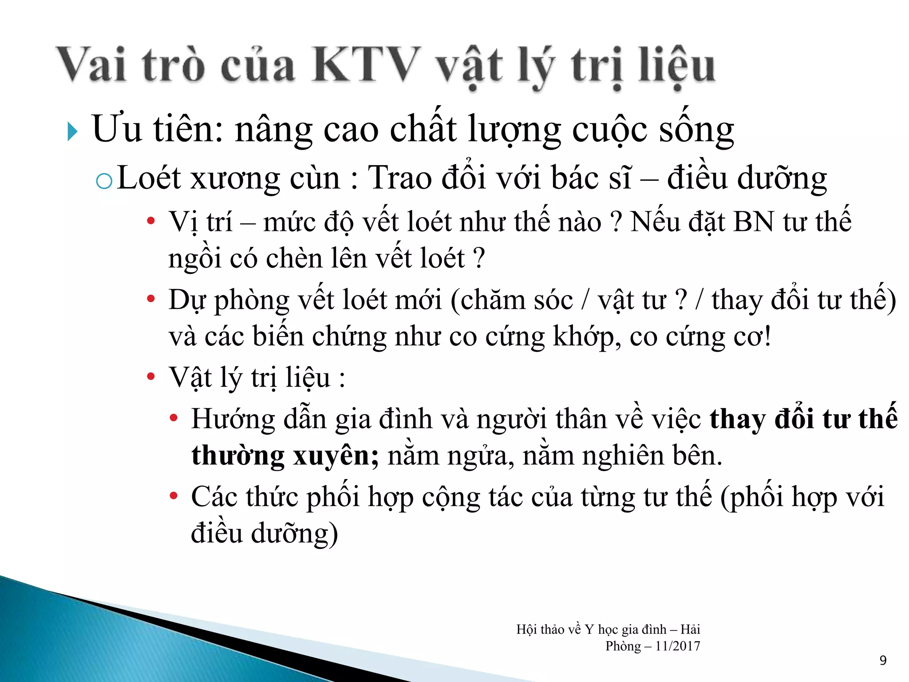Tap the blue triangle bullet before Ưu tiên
pyautogui.click(x=72, y=132)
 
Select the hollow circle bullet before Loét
pyautogui.click(x=104, y=181)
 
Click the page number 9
pyautogui.click(x=883, y=661)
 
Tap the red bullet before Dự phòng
pyautogui.click(x=151, y=299)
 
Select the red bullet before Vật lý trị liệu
pyautogui.click(x=151, y=377)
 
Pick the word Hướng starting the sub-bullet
pyautogui.click(x=233, y=419)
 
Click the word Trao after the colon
pyautogui.click(x=400, y=178)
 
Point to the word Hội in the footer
pyautogui.click(x=526, y=630)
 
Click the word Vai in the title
pyautogui.click(x=92, y=65)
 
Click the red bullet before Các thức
pyautogui.click(x=174, y=496)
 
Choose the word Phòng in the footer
pyautogui.click(x=623, y=646)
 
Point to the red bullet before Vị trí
pyautogui.click(x=151, y=221)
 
